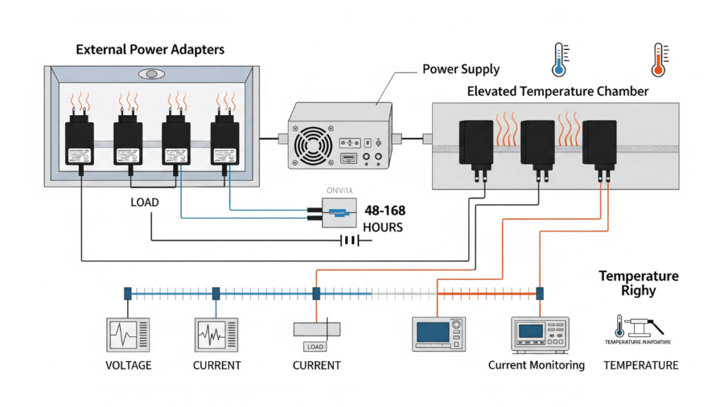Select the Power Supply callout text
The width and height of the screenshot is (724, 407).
point(460,69)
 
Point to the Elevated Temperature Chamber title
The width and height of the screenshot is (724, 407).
point(558,91)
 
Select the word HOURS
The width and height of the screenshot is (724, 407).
point(383,228)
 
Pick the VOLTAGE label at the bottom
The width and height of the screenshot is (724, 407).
point(129,365)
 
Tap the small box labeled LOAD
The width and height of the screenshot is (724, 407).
point(315,347)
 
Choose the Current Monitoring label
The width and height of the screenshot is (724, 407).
point(536,365)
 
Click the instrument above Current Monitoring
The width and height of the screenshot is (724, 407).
point(539,334)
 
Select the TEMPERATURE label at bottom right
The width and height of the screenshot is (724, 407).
point(641,365)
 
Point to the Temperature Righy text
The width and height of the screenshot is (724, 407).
point(638,283)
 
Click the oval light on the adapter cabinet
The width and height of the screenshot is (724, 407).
point(149,73)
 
